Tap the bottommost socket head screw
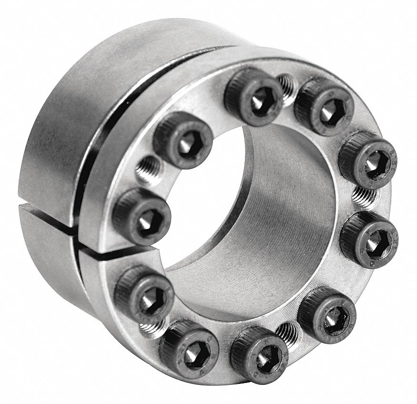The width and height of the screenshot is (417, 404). point(258,353)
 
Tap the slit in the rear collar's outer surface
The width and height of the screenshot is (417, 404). point(45,217)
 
